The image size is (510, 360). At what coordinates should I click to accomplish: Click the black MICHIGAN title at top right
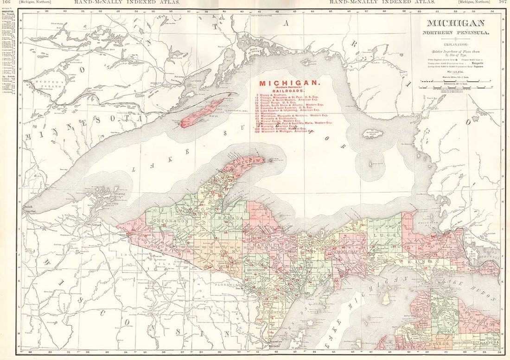click(455, 24)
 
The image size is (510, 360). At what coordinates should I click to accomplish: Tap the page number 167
click(503, 2)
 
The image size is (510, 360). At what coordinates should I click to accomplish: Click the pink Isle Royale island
click(202, 113)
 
